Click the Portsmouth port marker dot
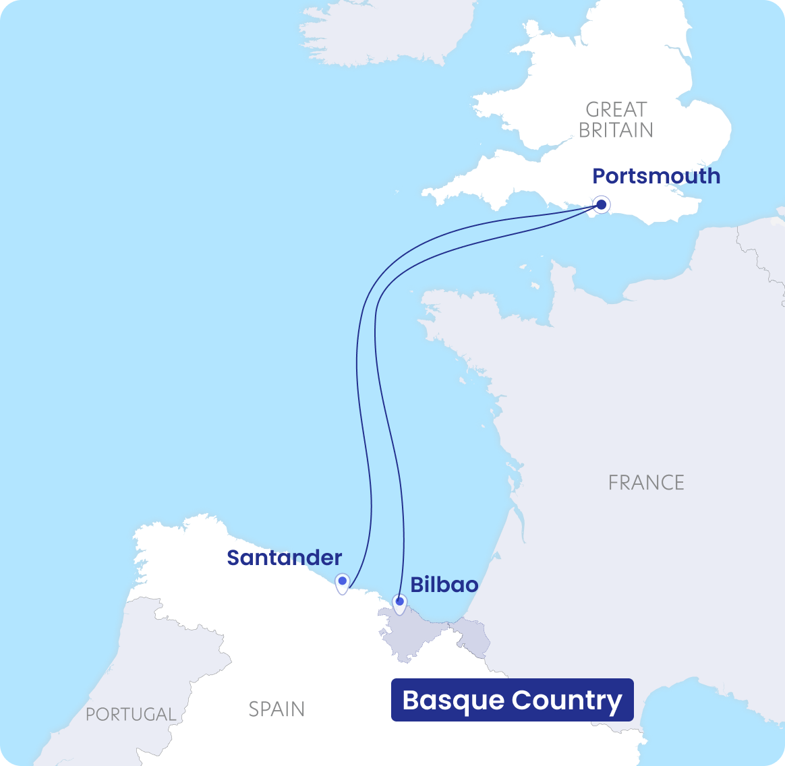pyautogui.click(x=601, y=204)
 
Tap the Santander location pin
pyautogui.click(x=343, y=581)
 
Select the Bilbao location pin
pyautogui.click(x=400, y=602)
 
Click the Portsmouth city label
pyautogui.click(x=656, y=176)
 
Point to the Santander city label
pyautogui.click(x=285, y=558)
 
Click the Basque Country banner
pyautogui.click(x=512, y=700)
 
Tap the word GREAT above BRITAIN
pyautogui.click(x=616, y=109)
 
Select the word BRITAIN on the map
pyautogui.click(x=616, y=129)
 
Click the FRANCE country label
pyautogui.click(x=646, y=482)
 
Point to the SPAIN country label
pyautogui.click(x=277, y=709)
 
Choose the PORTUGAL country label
pyautogui.click(x=131, y=714)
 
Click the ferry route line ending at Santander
pyautogui.click(x=357, y=378)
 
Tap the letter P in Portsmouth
pyautogui.click(x=599, y=176)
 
